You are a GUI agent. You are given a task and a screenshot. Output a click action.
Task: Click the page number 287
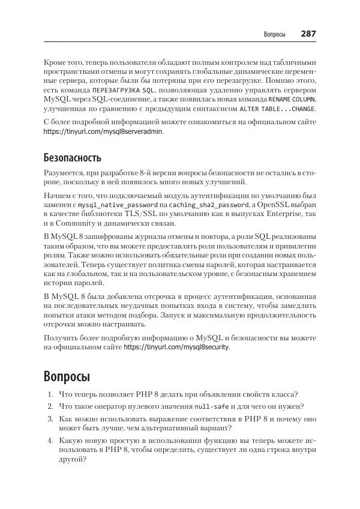(308, 34)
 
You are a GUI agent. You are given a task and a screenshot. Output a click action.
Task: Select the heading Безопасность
(73, 158)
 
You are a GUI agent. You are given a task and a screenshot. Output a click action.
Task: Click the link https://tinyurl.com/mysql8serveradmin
(103, 134)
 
